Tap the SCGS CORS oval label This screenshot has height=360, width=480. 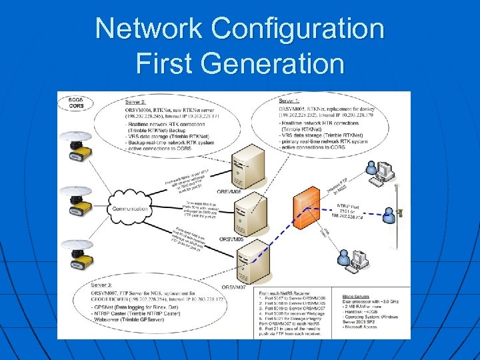point(76,103)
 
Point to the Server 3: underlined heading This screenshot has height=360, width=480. point(103,285)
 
